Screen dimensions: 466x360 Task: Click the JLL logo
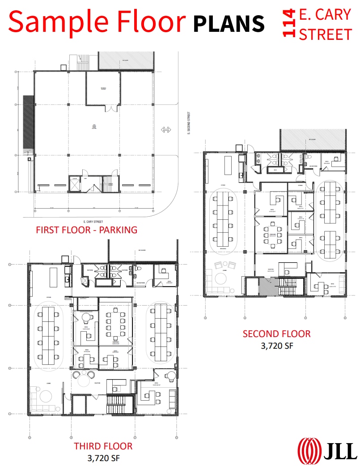(x=328, y=449)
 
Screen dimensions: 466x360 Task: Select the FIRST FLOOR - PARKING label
(x=87, y=230)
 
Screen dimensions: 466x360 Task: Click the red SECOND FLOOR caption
(x=276, y=333)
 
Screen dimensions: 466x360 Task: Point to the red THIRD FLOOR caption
(x=103, y=446)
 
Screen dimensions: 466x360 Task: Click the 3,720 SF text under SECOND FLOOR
(x=276, y=345)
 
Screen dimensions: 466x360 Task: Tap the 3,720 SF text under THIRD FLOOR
(x=103, y=457)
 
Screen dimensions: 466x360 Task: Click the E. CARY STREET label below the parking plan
(x=93, y=221)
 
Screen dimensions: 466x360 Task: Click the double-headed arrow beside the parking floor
(x=166, y=130)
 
